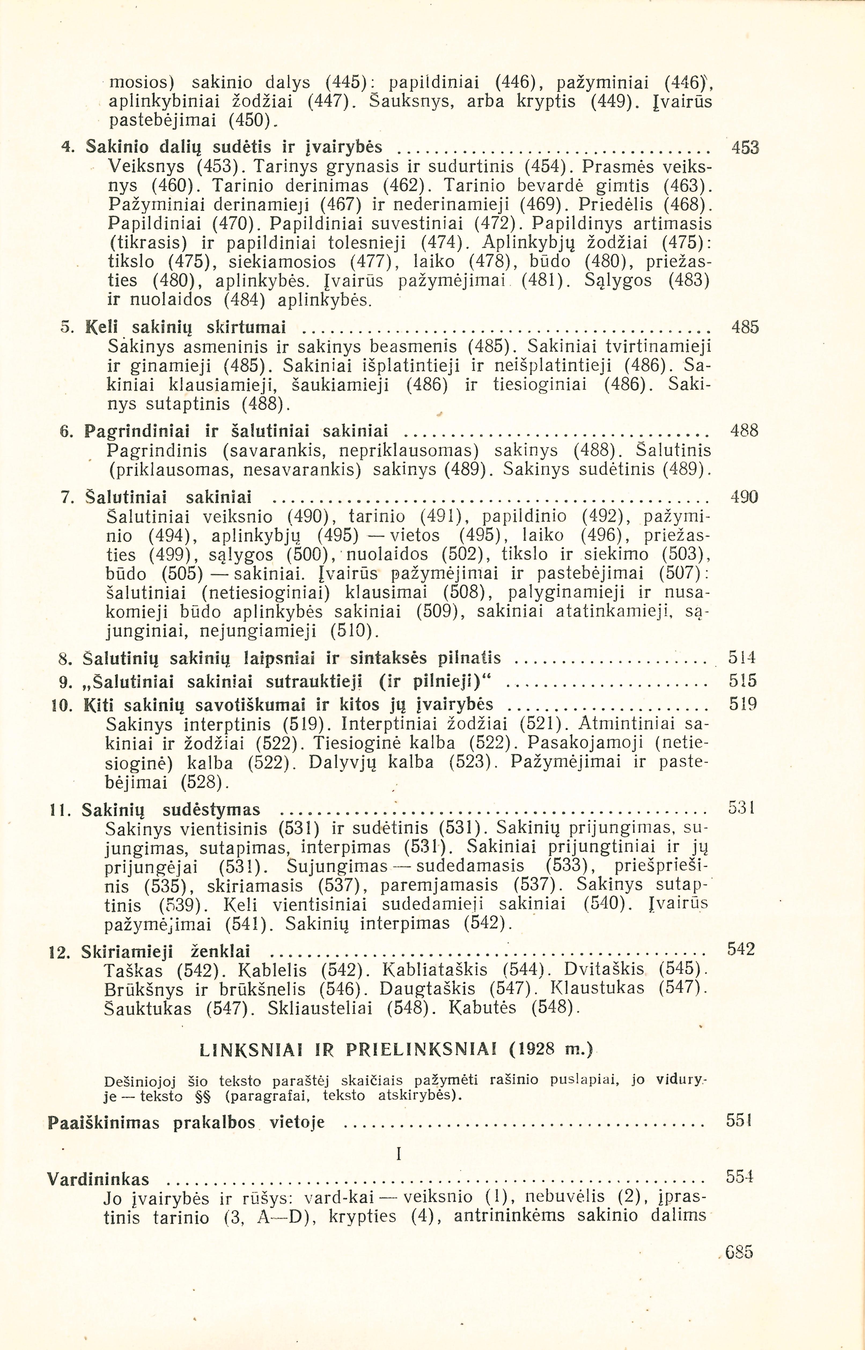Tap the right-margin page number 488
(744, 431)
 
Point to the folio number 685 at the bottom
(739, 1252)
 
